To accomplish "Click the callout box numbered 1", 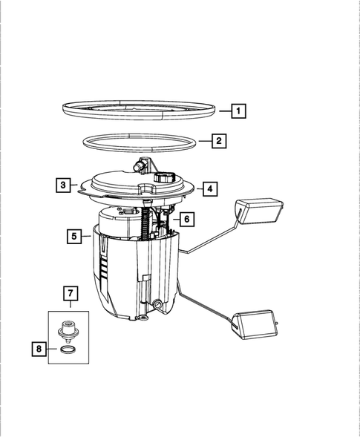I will tap(238, 111).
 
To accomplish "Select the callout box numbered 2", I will tap(217, 139).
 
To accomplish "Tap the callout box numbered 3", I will tap(64, 185).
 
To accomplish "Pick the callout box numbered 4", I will tap(210, 189).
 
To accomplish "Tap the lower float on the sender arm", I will tap(255, 324).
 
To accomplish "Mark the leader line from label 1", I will tap(225, 111).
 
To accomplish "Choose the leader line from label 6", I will tap(176, 220).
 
